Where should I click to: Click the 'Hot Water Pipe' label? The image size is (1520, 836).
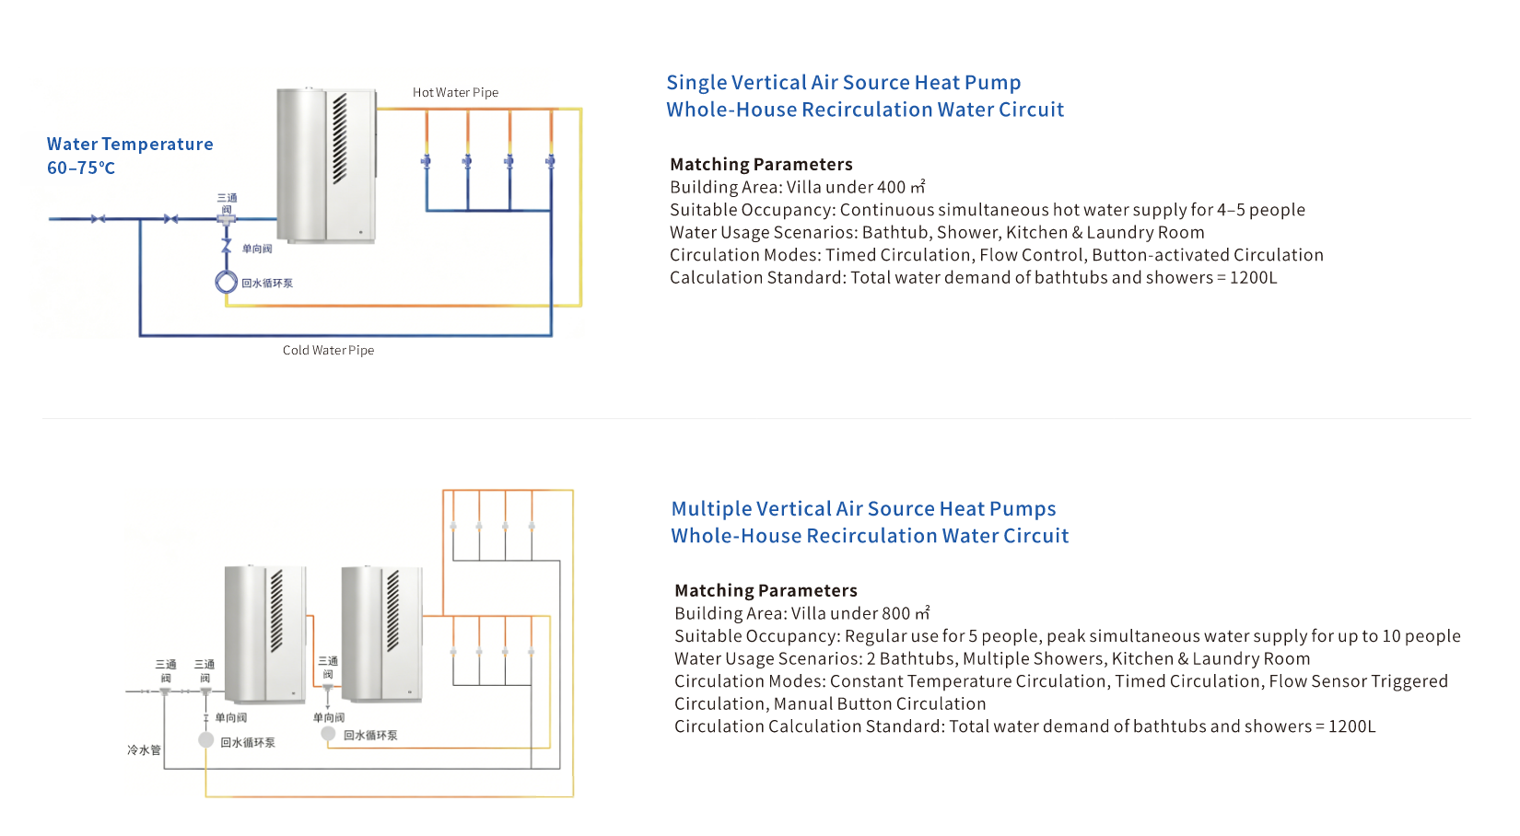(x=455, y=92)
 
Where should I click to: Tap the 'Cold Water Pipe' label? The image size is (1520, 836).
(x=329, y=350)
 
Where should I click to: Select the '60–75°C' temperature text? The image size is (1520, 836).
(x=81, y=168)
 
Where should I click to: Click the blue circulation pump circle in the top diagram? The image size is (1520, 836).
(x=226, y=282)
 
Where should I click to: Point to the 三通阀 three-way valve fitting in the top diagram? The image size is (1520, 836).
(x=226, y=219)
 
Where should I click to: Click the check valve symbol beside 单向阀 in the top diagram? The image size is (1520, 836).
(x=226, y=246)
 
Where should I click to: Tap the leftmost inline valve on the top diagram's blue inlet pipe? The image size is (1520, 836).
(x=98, y=218)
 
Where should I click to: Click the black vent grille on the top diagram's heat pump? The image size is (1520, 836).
(x=339, y=138)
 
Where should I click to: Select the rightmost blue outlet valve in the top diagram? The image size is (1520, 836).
(x=550, y=161)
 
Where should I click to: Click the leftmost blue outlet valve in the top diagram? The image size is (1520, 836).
(x=427, y=161)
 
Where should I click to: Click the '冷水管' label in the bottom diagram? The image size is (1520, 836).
(x=144, y=749)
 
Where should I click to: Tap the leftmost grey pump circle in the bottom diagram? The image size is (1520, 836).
(x=206, y=739)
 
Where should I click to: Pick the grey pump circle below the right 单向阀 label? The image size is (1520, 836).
(x=329, y=733)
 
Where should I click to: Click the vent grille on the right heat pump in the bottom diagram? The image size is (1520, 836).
(x=392, y=610)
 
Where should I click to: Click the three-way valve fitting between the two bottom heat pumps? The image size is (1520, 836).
(x=328, y=688)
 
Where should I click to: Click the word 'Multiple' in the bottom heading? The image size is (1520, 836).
(x=711, y=508)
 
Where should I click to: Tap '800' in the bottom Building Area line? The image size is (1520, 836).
(x=895, y=613)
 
